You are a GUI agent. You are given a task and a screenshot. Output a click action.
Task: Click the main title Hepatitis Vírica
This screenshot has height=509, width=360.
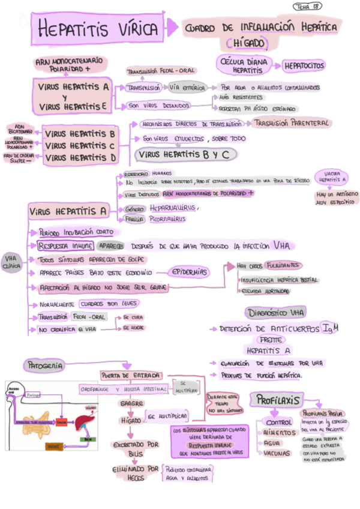tap(97, 29)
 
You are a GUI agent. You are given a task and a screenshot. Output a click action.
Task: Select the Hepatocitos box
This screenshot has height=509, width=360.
tap(304, 65)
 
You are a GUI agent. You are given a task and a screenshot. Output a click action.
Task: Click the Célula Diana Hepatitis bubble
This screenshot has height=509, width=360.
tap(244, 65)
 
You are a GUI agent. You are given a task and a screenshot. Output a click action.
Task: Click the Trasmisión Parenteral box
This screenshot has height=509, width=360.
tap(291, 122)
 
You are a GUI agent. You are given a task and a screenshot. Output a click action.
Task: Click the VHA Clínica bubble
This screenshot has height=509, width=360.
tap(13, 262)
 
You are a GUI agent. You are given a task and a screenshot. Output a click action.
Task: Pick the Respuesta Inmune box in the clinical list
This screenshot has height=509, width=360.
tap(64, 246)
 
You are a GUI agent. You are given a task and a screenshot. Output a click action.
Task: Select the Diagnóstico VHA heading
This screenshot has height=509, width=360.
tap(275, 313)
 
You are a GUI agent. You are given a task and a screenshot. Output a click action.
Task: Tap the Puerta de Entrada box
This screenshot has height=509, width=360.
tap(131, 376)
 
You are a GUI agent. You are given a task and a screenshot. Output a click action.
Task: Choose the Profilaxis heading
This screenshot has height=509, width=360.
tap(277, 399)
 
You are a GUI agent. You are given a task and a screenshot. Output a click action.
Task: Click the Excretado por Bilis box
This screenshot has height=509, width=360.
tap(136, 449)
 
